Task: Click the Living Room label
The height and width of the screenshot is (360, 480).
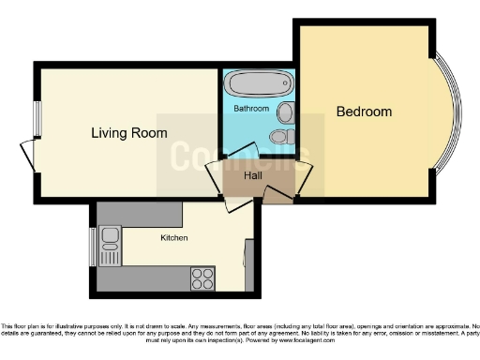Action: click(129, 133)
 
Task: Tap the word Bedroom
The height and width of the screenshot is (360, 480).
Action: click(364, 112)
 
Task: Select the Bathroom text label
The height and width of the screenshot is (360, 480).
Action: click(251, 109)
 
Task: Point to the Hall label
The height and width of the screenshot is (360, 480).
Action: click(253, 175)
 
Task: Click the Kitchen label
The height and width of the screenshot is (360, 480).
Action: click(173, 238)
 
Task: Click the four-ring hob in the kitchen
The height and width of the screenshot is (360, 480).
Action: click(202, 277)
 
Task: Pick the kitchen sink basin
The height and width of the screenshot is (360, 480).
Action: click(110, 235)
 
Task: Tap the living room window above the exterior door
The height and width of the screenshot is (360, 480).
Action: click(37, 117)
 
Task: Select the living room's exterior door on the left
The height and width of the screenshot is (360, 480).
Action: click(27, 154)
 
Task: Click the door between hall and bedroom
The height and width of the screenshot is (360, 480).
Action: click(304, 174)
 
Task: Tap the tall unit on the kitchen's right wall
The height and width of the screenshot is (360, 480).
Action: click(248, 263)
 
